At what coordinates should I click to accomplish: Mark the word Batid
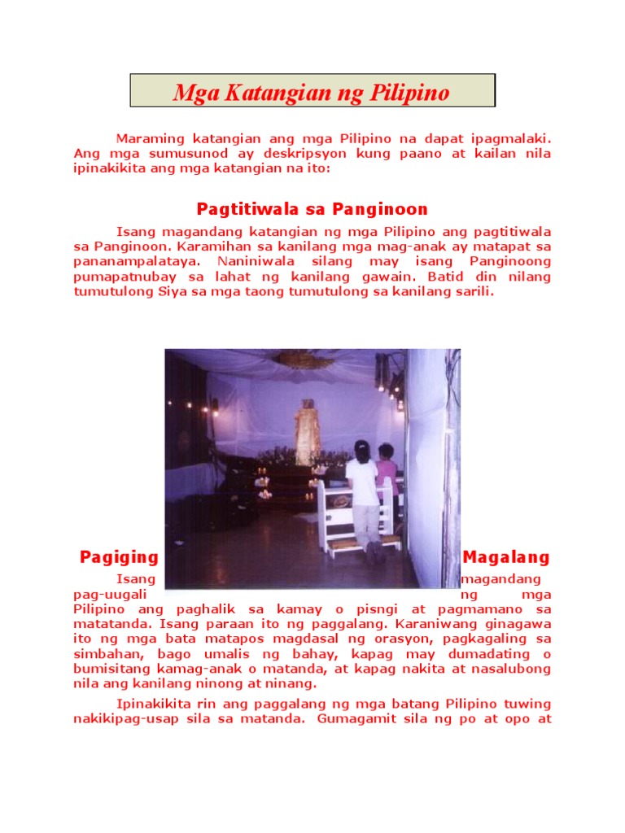[429, 277]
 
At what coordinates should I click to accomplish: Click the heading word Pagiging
[119, 557]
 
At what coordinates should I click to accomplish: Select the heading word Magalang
[506, 557]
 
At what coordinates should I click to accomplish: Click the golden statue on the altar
[307, 431]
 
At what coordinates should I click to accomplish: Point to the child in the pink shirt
[387, 472]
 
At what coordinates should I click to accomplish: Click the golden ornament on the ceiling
[304, 359]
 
